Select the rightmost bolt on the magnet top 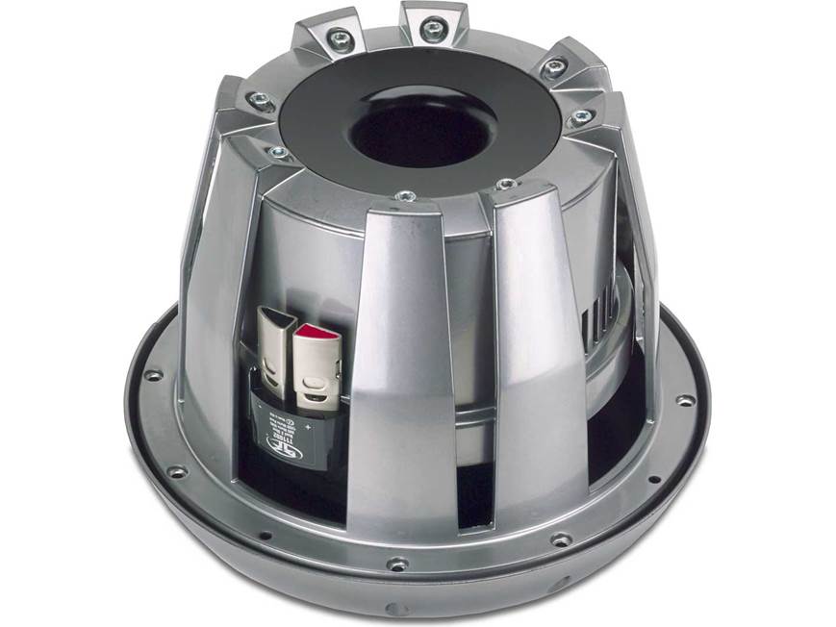click(580, 117)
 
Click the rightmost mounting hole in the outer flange click(684, 400)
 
